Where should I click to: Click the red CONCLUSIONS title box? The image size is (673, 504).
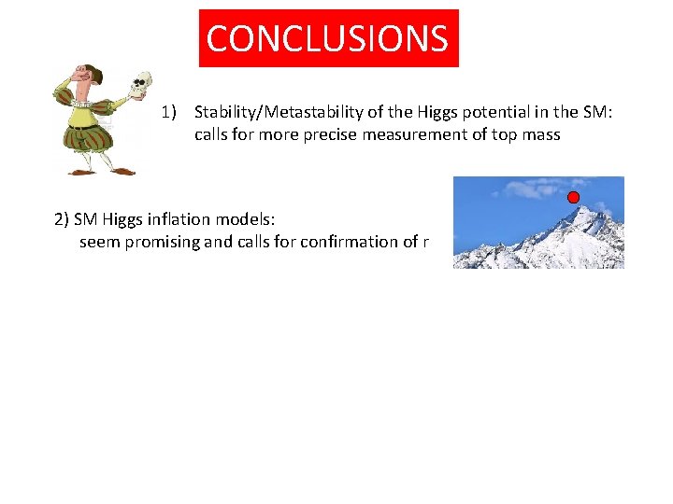point(328,38)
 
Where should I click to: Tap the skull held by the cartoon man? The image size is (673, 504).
point(142,84)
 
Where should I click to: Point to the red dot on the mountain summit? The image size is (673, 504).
point(573,197)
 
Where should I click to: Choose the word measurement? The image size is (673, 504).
point(427,134)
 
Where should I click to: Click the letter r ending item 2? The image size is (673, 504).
point(425,242)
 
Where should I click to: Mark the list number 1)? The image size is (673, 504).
point(169,113)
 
